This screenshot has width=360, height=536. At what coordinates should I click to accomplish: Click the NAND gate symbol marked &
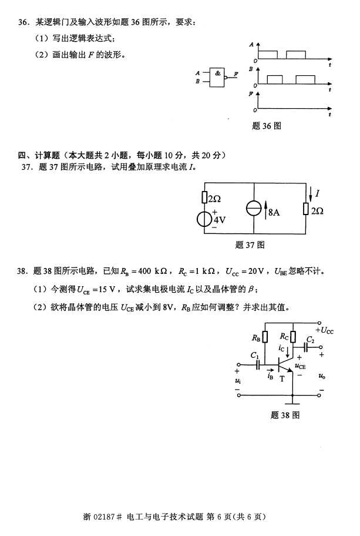click(x=218, y=77)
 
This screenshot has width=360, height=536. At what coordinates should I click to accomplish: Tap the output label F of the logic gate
click(x=236, y=75)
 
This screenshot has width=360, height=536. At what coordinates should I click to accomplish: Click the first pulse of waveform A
click(x=268, y=54)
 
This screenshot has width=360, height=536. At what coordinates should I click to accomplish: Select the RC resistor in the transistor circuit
click(x=292, y=337)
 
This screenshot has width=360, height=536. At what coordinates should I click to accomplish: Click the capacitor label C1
click(x=254, y=356)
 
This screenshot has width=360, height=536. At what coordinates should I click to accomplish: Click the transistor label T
click(x=282, y=379)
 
